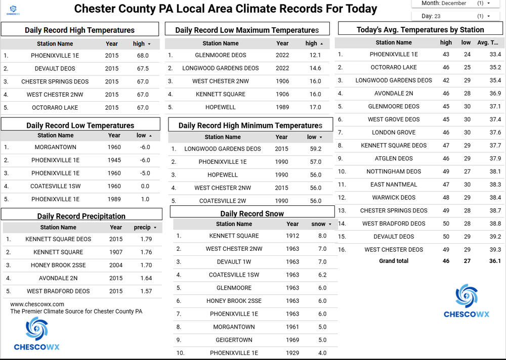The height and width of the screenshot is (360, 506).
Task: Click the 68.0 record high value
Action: pos(143,55)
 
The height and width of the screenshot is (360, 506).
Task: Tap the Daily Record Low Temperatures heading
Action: pos(80,125)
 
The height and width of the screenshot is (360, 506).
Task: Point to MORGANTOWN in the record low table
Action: pos(56,147)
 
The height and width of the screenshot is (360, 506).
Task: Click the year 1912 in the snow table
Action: pos(292,236)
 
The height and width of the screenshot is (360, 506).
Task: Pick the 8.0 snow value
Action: pos(322,236)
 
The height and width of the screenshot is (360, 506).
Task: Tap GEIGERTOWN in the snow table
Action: pos(234,340)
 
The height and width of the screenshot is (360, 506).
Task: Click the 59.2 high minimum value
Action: pos(315,149)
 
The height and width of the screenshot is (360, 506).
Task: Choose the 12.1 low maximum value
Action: pos(315,55)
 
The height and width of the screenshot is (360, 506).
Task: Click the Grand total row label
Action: pos(394,261)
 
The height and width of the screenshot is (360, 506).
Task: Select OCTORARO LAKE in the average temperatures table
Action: pos(394,67)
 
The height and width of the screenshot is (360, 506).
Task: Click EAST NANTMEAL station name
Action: pos(394,185)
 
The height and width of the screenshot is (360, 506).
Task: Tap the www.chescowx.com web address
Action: pos(37,304)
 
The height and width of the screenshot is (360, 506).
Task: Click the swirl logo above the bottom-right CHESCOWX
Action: pos(466,296)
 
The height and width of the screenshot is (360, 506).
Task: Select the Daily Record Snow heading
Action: pos(252,214)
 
